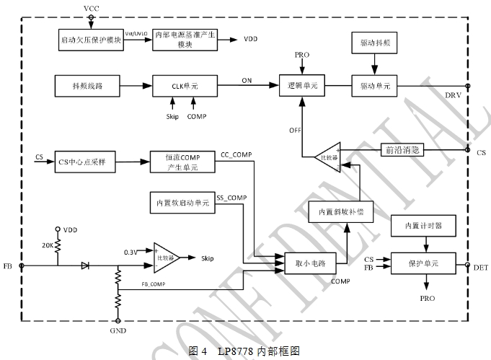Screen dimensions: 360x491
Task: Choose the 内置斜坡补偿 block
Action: point(341,212)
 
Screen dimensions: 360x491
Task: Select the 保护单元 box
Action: point(424,264)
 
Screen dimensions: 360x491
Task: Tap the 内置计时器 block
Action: point(424,226)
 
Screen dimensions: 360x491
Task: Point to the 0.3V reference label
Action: point(131,252)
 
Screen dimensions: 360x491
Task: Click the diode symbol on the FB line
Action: point(85,265)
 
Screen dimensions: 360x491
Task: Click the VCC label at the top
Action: point(92,7)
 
